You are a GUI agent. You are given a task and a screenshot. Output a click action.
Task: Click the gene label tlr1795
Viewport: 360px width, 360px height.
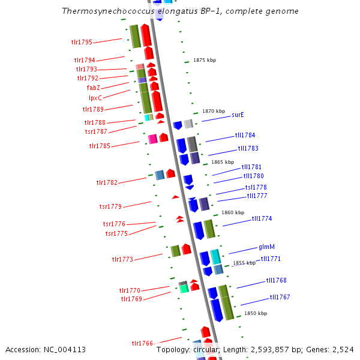(x=81, y=43)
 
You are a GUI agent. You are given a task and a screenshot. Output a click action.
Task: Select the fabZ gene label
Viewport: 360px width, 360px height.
(x=93, y=88)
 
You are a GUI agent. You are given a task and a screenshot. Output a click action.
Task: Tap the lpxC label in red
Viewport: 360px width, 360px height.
(x=95, y=97)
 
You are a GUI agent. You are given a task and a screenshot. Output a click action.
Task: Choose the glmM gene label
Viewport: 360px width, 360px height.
(x=267, y=247)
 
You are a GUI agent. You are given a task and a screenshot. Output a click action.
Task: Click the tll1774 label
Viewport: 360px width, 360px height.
(x=262, y=219)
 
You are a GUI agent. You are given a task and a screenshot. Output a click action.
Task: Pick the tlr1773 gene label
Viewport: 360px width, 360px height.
(x=122, y=259)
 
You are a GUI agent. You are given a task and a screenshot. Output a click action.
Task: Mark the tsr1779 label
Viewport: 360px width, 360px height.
(x=110, y=206)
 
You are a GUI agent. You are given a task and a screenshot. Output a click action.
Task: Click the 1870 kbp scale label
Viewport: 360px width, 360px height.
(x=214, y=112)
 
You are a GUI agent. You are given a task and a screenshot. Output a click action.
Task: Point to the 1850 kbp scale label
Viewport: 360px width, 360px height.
(x=255, y=313)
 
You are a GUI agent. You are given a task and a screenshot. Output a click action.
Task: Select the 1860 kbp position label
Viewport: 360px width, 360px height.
(x=233, y=212)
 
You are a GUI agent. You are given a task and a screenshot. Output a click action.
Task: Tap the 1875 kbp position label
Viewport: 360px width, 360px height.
(x=204, y=60)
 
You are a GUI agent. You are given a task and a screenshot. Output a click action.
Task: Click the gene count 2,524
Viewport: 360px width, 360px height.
(x=341, y=349)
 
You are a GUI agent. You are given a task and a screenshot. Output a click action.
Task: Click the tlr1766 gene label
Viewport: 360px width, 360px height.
(x=142, y=343)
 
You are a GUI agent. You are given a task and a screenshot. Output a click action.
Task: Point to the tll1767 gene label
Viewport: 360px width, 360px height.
(x=280, y=297)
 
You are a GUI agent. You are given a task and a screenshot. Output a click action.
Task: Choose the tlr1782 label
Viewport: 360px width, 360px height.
(x=107, y=182)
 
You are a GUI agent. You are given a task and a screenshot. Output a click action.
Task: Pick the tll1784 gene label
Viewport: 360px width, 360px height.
(x=245, y=135)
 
